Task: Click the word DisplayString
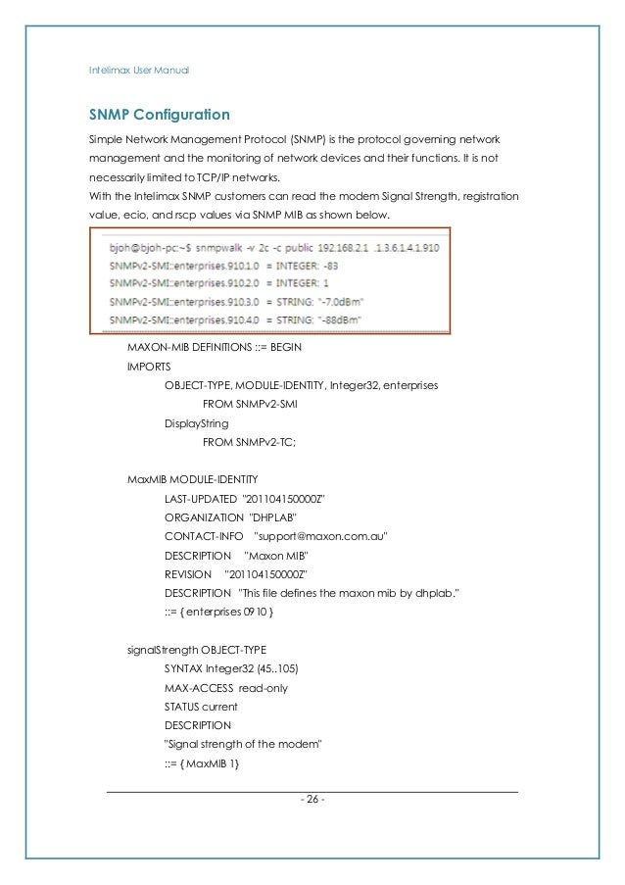196,423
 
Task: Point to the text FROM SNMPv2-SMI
250,405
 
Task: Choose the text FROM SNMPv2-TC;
249,442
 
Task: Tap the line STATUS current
201,706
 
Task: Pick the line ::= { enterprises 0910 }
219,612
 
